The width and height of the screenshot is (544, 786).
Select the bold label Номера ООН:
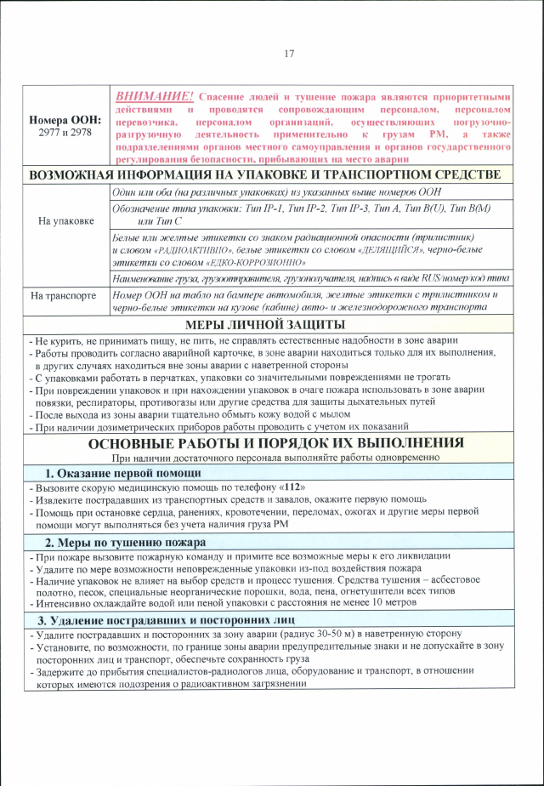point(65,120)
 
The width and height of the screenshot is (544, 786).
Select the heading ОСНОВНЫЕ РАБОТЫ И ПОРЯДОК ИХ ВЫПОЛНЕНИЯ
point(276,443)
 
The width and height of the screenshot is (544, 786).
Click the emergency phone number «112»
point(292,488)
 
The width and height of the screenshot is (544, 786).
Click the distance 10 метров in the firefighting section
point(392,602)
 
